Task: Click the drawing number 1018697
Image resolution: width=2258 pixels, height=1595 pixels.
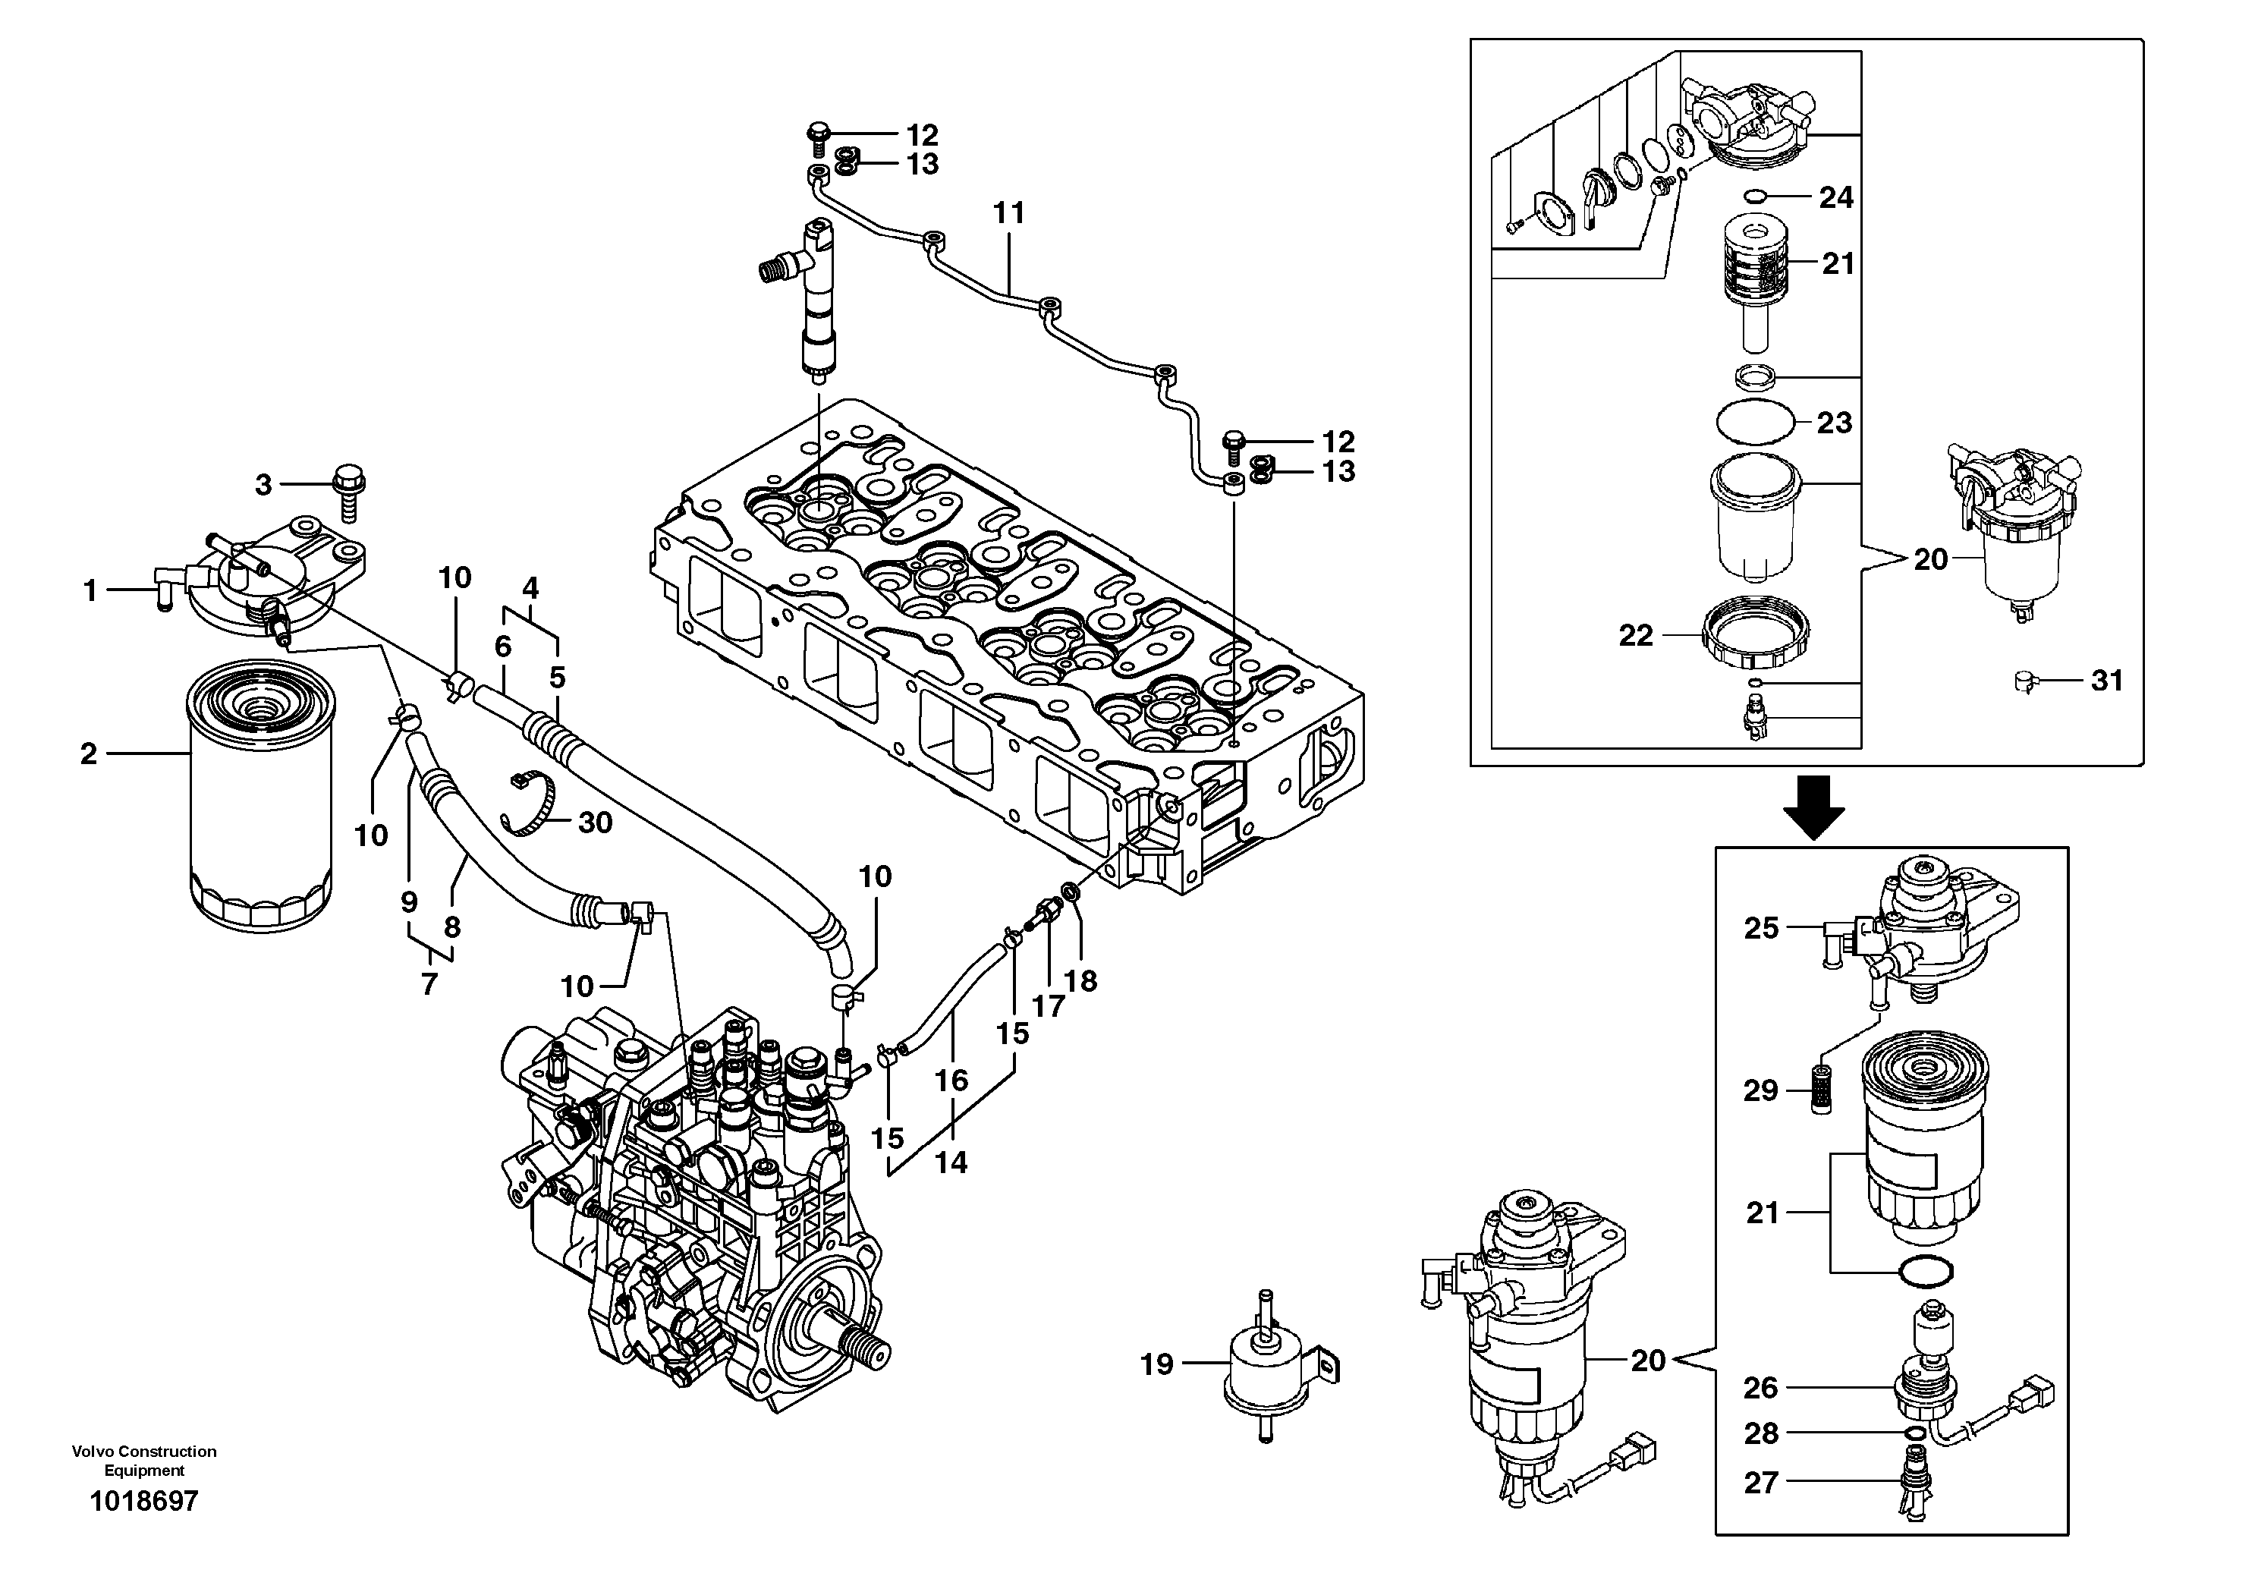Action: [143, 1502]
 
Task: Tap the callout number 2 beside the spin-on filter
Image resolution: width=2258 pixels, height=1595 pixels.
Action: [90, 754]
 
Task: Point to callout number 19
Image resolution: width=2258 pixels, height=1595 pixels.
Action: [1156, 1365]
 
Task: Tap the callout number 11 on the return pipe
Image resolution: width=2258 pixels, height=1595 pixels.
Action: [1009, 212]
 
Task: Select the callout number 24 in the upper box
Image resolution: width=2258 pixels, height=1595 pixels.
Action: [1836, 197]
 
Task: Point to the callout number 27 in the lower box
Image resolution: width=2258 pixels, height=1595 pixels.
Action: [1761, 1483]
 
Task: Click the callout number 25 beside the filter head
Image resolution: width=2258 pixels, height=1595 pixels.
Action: [1761, 928]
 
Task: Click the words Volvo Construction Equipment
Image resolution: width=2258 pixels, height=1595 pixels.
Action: [143, 1460]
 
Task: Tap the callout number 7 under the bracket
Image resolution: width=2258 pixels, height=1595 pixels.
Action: [429, 983]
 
